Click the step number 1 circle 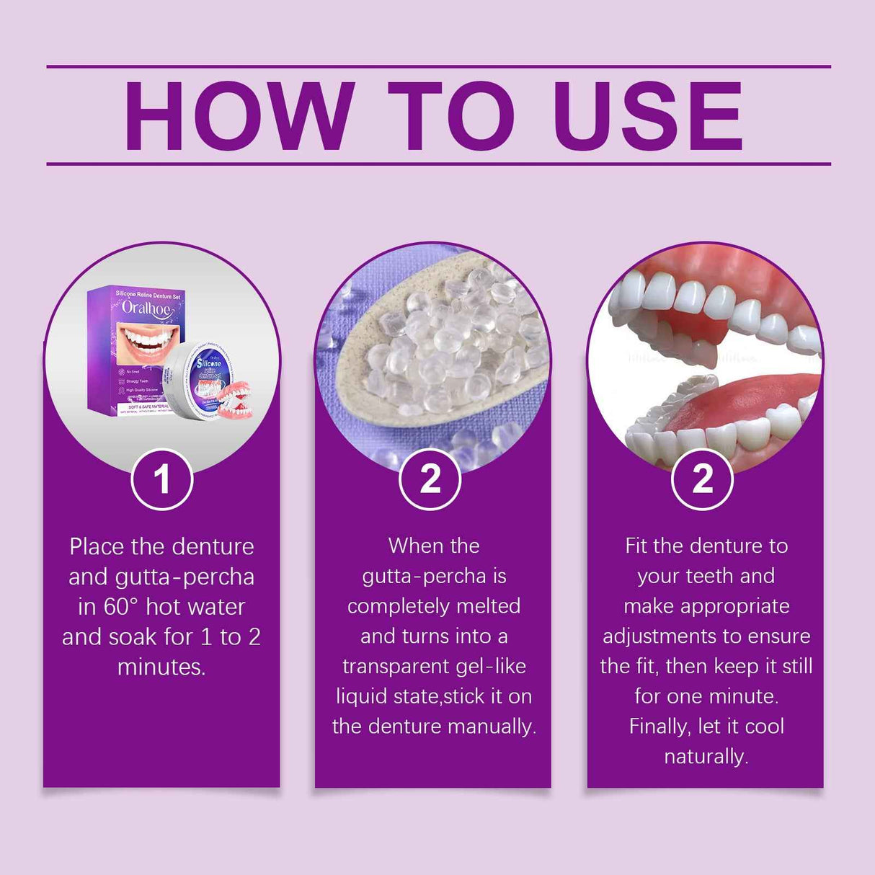pos(162,479)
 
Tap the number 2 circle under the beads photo pos(430,479)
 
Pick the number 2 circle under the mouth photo pos(703,479)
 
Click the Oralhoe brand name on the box pos(146,308)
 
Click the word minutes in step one pos(161,667)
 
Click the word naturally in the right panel pos(706,756)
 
